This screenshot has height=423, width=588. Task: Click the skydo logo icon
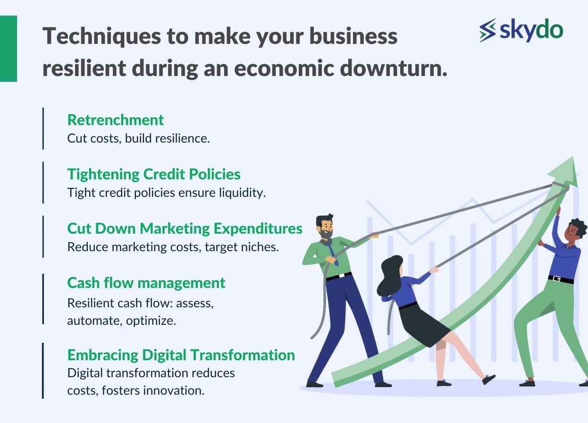tap(487, 30)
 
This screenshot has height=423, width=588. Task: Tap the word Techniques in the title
tap(101, 37)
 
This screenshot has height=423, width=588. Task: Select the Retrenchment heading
tap(116, 120)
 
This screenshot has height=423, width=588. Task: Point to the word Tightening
tap(103, 175)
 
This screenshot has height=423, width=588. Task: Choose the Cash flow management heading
tap(146, 283)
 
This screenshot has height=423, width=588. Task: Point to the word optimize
tap(151, 321)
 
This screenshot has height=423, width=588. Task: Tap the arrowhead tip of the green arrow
tap(573, 157)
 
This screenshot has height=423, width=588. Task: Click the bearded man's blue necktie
tap(332, 253)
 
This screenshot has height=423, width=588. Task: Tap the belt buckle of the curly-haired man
tap(556, 279)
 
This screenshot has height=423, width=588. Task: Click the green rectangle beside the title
tap(8, 49)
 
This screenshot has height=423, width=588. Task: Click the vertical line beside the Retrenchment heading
tap(43, 128)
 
